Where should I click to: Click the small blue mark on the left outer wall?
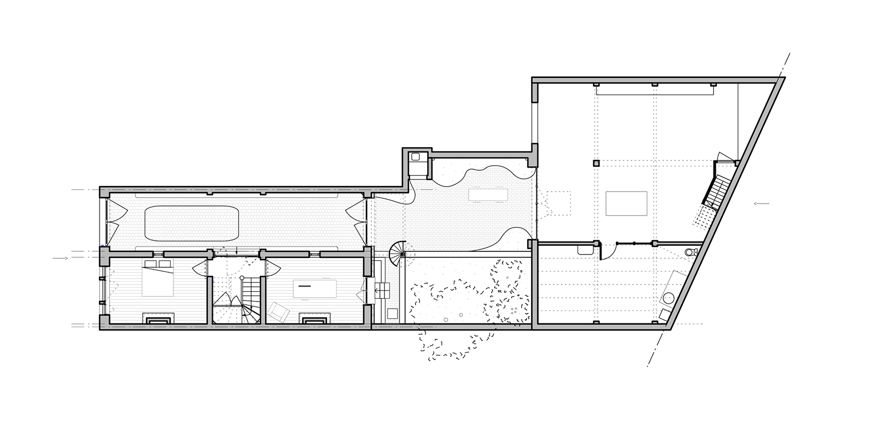102,244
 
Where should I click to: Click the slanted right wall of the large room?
727,202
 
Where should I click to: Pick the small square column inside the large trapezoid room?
596,163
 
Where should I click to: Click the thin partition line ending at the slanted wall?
678,243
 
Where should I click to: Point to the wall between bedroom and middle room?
209,290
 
